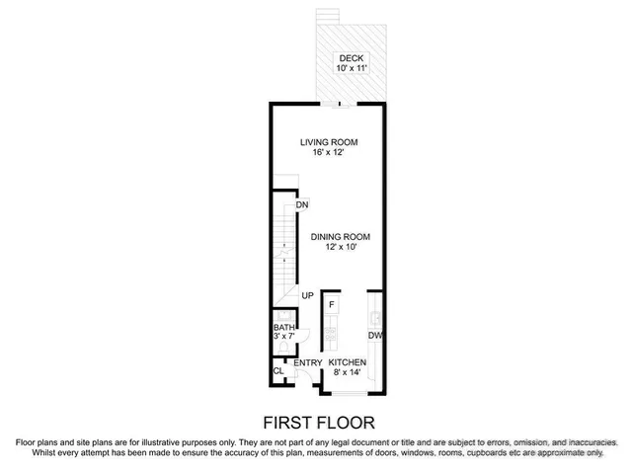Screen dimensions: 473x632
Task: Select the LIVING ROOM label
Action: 328,142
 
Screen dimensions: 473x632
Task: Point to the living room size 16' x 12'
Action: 328,154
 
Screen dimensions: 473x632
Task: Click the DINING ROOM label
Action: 340,236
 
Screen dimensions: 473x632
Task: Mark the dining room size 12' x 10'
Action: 340,248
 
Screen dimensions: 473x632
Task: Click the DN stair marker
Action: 302,204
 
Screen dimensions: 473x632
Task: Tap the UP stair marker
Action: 307,295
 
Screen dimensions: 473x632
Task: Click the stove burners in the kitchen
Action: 332,334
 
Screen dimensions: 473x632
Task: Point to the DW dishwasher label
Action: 375,336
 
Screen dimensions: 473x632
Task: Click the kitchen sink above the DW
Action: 375,317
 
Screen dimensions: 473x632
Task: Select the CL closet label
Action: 279,371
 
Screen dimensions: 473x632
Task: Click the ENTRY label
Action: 308,363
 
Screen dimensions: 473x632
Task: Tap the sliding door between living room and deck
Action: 339,102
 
